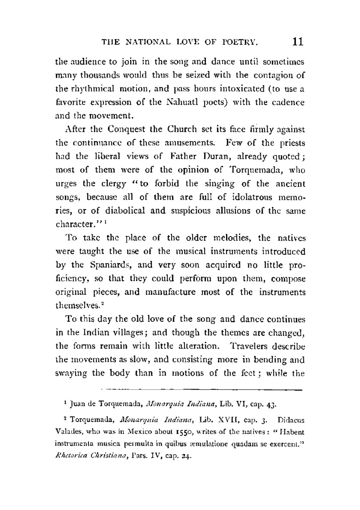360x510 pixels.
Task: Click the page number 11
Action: tap(298, 42)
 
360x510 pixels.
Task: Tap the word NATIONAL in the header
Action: tap(149, 42)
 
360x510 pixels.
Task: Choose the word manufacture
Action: tap(171, 292)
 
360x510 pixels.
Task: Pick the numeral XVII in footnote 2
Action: tap(225, 420)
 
